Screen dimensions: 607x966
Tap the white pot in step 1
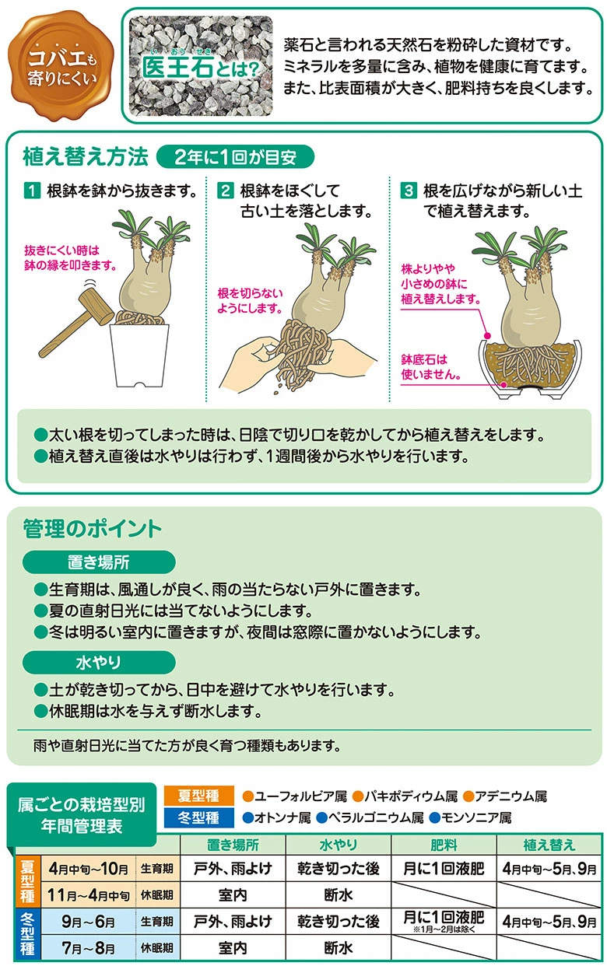coord(139,355)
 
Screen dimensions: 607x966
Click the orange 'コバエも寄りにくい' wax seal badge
coord(61,66)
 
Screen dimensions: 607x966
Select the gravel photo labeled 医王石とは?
coord(201,66)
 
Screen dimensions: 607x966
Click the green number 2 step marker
coord(225,191)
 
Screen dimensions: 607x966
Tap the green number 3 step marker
coord(408,191)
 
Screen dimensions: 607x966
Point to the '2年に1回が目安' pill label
coord(235,156)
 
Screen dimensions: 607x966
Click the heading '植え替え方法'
coord(85,156)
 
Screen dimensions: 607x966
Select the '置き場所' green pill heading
coord(99,562)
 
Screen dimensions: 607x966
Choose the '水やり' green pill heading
coord(99,662)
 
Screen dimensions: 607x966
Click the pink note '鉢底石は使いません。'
coord(430,367)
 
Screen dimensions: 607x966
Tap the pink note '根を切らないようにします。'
coord(250,300)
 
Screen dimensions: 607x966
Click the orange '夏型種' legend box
coord(199,796)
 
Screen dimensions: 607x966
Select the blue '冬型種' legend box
coord(199,817)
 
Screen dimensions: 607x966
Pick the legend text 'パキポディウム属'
coord(405,796)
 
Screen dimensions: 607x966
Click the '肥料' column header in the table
coord(444,845)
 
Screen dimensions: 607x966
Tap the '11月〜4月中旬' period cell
coord(89,895)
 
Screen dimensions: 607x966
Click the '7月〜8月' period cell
coord(89,948)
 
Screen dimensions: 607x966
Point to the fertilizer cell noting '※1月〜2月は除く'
coord(444,921)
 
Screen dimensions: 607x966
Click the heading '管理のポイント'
coord(92,528)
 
